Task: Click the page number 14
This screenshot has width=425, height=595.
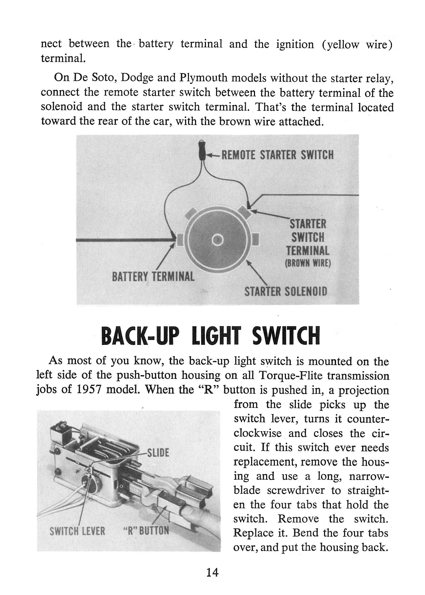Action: [x=212, y=573]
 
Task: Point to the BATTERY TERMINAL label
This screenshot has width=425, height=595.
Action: [x=153, y=277]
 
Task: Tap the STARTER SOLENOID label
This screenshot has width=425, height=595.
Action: [x=286, y=292]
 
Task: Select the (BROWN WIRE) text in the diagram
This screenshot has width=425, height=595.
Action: [x=308, y=263]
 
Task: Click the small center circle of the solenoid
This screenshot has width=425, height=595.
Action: [x=218, y=240]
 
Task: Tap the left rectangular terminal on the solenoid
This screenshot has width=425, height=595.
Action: [x=180, y=240]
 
